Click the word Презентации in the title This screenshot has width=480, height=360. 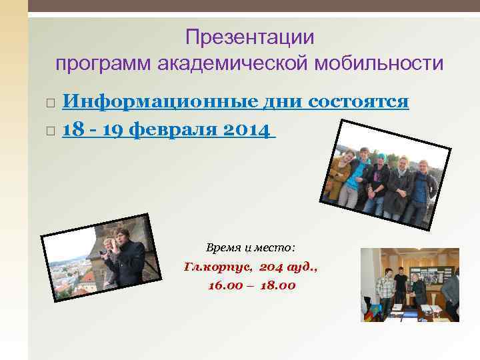(x=249, y=37)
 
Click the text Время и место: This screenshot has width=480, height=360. (x=250, y=247)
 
